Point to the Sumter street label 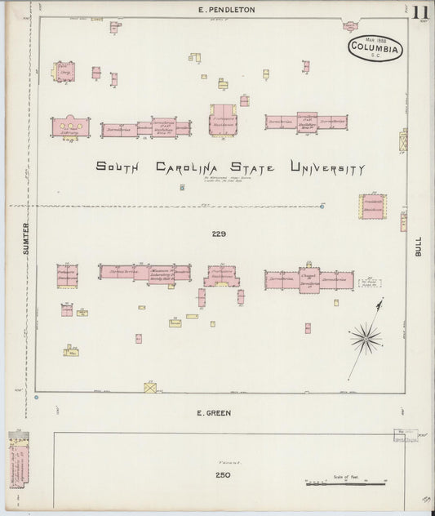pyautogui.click(x=25, y=238)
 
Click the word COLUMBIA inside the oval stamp pyautogui.click(x=375, y=50)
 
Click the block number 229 pyautogui.click(x=218, y=234)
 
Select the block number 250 pyautogui.click(x=223, y=475)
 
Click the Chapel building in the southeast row pyautogui.click(x=309, y=280)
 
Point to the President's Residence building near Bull pyautogui.click(x=372, y=206)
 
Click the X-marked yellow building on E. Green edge pyautogui.click(x=150, y=387)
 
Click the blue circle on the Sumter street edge pyautogui.click(x=37, y=398)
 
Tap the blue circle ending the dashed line pyautogui.click(x=323, y=206)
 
